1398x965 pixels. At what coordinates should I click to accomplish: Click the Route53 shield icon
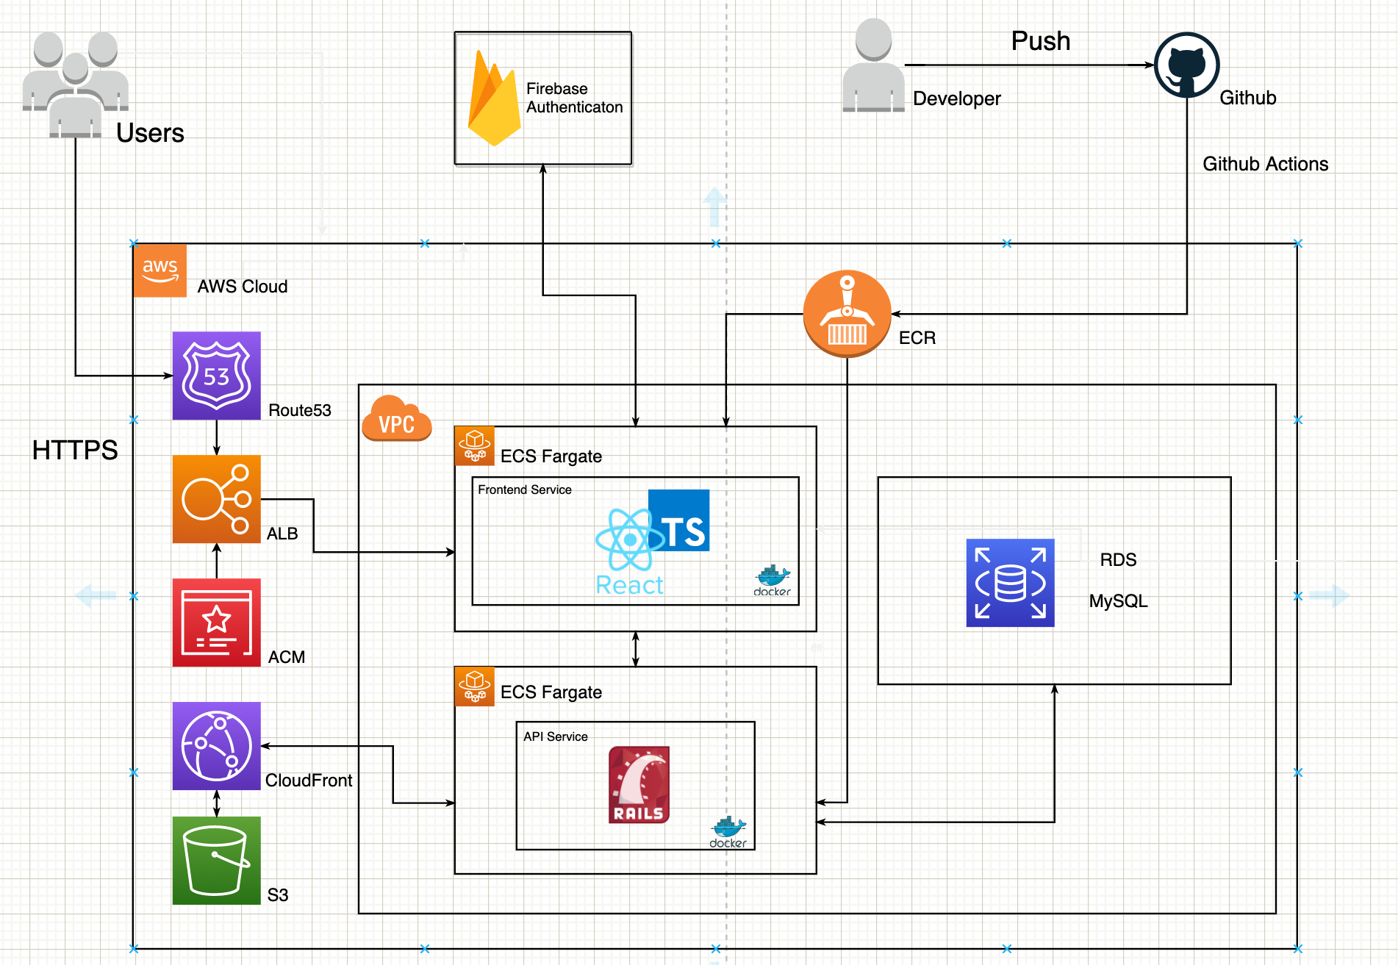tap(216, 376)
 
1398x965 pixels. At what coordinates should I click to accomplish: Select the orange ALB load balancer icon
tap(216, 499)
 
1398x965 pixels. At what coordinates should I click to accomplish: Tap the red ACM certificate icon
tap(216, 623)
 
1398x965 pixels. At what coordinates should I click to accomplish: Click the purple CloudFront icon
tap(216, 746)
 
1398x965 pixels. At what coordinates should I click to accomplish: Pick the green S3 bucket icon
tap(216, 861)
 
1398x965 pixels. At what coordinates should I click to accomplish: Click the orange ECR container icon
tap(847, 314)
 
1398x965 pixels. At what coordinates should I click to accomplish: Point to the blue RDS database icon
tap(1010, 583)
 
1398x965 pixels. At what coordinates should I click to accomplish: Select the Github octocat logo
tap(1187, 65)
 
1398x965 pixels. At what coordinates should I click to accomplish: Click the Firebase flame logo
tap(494, 98)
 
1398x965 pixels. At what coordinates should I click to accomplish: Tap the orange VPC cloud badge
tap(397, 419)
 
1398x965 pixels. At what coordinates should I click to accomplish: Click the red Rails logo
tap(639, 785)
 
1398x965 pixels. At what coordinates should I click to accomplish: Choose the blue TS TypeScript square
tap(679, 520)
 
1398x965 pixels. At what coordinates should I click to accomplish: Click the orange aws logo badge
tap(160, 270)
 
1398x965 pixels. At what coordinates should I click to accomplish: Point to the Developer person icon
tap(874, 65)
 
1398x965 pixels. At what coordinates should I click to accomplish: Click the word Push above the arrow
tap(1041, 41)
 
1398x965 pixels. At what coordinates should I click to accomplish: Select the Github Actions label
tap(1266, 164)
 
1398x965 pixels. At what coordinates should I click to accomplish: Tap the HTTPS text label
tap(75, 450)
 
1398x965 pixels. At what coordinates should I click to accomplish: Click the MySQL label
tap(1119, 601)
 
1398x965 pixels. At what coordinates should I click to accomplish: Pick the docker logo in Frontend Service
tap(773, 581)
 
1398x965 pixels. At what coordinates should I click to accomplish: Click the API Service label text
tap(556, 736)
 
